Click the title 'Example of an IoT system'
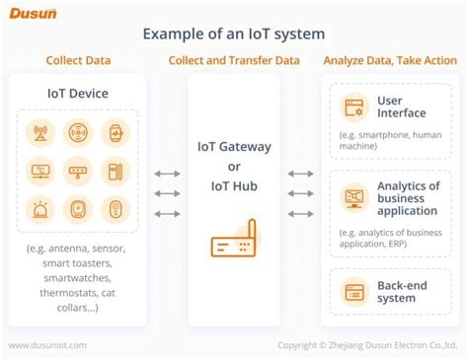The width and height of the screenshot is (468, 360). pos(233,34)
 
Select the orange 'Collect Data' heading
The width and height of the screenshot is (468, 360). pos(77,60)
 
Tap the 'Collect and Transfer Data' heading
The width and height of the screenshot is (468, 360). pos(234,60)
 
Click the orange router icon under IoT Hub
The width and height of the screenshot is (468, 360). pos(233,241)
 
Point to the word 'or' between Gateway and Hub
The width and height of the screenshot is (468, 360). pos(234,166)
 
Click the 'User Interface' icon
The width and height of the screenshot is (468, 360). pos(351,107)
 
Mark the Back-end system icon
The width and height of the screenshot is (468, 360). pos(351,290)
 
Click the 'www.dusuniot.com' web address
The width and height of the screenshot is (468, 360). pos(48,345)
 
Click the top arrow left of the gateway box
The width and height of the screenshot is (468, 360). pos(168,174)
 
